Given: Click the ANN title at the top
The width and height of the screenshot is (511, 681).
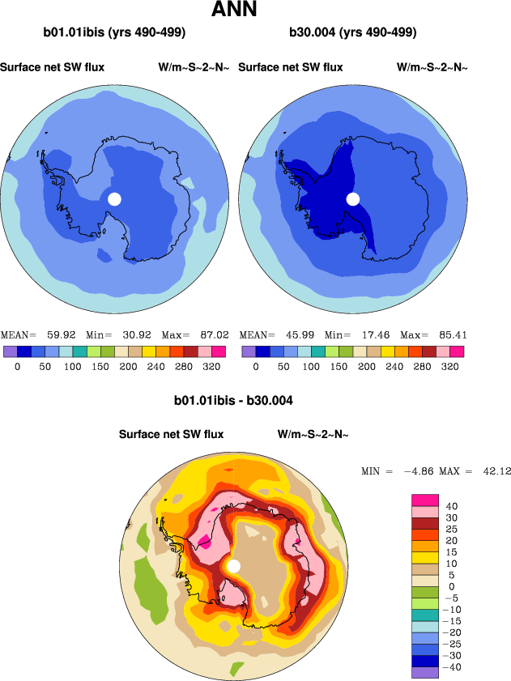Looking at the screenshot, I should [x=234, y=11].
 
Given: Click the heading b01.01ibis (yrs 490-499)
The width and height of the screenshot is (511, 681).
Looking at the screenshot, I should [x=115, y=33].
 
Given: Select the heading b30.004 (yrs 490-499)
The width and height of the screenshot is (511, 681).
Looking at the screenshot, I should [x=353, y=33].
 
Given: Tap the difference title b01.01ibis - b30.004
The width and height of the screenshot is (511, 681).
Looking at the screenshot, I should [x=233, y=400].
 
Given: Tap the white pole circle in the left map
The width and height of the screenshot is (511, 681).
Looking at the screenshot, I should [x=114, y=199].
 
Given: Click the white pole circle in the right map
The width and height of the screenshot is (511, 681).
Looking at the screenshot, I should [x=353, y=199].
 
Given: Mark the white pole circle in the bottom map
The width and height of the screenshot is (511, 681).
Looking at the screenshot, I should [x=234, y=566].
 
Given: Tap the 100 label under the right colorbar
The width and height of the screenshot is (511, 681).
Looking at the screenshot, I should [x=311, y=366].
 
